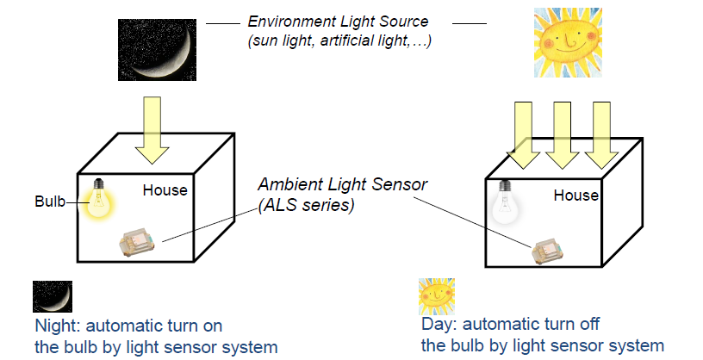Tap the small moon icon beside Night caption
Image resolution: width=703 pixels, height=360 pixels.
(x=52, y=296)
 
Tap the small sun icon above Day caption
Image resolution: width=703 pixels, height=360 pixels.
(x=436, y=295)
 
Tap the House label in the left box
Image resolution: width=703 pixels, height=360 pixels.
(x=165, y=189)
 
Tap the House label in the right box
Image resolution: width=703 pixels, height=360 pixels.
(x=575, y=196)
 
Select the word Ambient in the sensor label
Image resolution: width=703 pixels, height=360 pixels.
(x=287, y=185)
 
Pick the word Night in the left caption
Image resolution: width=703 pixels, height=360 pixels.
(x=53, y=326)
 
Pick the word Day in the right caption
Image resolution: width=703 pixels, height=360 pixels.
(x=435, y=325)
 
